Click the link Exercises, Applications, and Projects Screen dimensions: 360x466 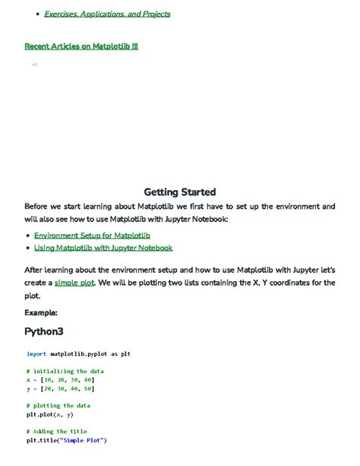point(107,14)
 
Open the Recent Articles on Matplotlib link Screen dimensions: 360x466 point(81,46)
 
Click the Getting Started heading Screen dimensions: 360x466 point(180,192)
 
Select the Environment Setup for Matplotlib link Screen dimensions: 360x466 point(92,236)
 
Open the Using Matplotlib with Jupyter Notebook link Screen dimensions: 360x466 point(103,248)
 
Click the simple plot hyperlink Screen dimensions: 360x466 point(74,283)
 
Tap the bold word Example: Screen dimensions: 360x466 point(41,312)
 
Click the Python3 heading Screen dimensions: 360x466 point(44,331)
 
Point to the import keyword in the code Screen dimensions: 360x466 point(36,353)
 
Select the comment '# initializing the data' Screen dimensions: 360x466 point(65,371)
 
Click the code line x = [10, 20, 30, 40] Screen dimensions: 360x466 point(61,379)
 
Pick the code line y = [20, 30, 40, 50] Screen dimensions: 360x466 point(61,388)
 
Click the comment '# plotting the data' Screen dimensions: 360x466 point(58,406)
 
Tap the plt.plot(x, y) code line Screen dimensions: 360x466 point(50,414)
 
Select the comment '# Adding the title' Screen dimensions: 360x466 point(57,432)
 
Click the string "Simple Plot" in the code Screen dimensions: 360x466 point(84,440)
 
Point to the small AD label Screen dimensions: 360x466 point(35,65)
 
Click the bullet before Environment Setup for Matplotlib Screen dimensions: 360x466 point(28,236)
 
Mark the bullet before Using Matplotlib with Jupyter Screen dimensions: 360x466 point(28,249)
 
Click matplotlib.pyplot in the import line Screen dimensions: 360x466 point(79,353)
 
